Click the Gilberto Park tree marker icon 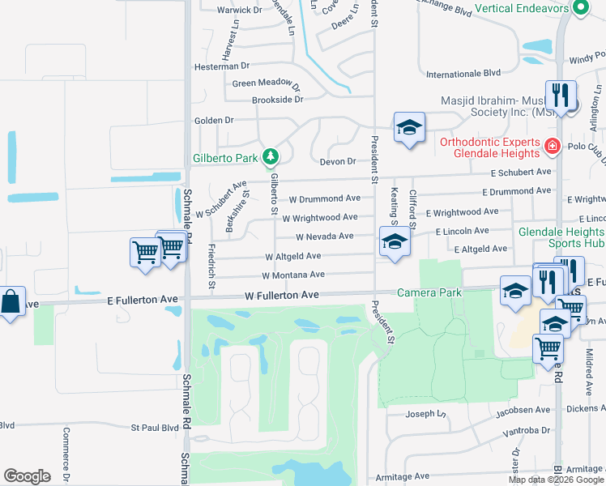point(271,156)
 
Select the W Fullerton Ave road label point(282,296)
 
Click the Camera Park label point(422,292)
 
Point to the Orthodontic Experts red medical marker point(552,147)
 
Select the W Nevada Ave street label point(324,237)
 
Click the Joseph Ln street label point(425,414)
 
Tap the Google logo point(27,476)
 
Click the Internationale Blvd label point(463,73)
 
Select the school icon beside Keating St point(395,241)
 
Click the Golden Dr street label point(213,120)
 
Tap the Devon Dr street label point(339,161)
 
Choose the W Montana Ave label point(293,275)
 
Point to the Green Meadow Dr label point(266,83)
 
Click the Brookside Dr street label point(277,100)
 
